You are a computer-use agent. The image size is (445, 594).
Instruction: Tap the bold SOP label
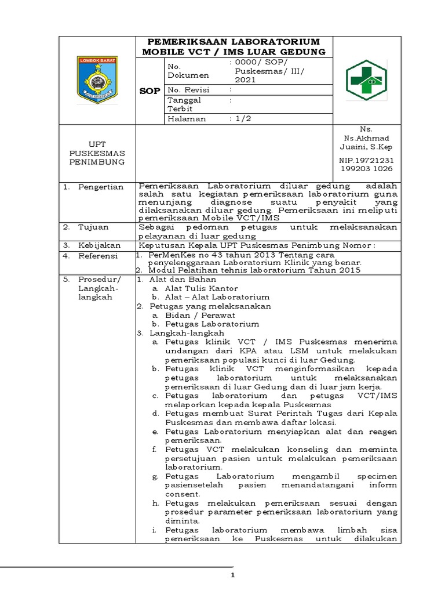[x=150, y=92]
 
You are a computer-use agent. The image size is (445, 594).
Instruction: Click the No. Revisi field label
[x=188, y=90]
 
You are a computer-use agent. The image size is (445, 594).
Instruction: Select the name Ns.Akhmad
[x=366, y=138]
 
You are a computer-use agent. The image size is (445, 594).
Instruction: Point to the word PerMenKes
[x=162, y=255]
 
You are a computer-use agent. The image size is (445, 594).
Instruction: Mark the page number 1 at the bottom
[x=232, y=575]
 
